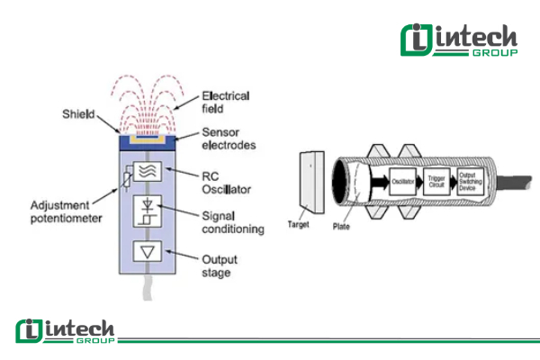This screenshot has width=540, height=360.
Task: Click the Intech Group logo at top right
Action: point(459,41)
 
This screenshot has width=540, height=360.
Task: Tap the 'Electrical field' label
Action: point(226,102)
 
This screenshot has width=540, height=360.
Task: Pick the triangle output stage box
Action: point(146,251)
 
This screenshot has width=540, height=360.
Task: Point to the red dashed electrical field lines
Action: point(147,99)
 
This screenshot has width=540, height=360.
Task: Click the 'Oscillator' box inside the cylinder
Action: point(402,182)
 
